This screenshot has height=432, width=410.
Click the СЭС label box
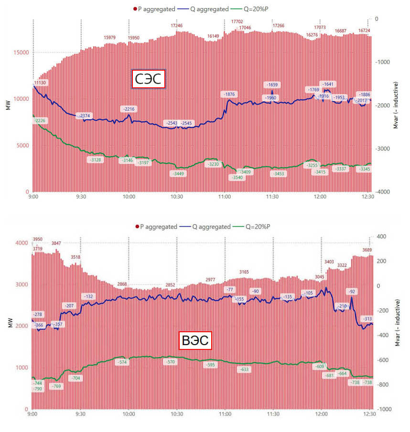148,79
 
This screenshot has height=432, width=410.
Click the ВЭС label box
194,341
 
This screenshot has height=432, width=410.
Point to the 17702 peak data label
237,21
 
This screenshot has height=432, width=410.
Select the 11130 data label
40,83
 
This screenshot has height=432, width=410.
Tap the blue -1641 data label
328,84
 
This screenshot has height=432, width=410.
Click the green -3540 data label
237,178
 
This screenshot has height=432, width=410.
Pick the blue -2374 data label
85,116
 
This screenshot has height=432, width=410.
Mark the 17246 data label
177,25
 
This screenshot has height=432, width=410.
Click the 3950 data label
38,239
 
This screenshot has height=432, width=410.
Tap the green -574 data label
123,363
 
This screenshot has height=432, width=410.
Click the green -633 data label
244,369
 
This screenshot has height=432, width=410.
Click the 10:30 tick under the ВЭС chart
177,415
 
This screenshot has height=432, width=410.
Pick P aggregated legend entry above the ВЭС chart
154,227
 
